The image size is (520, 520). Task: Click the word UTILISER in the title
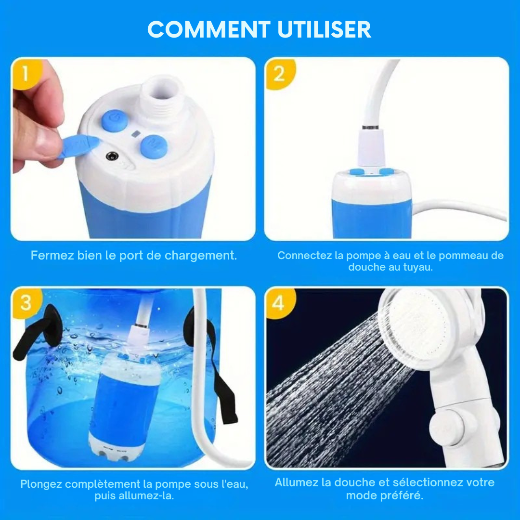(x=324, y=30)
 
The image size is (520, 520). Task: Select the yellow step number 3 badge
(x=26, y=302)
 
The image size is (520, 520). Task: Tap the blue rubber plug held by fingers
(x=77, y=145)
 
